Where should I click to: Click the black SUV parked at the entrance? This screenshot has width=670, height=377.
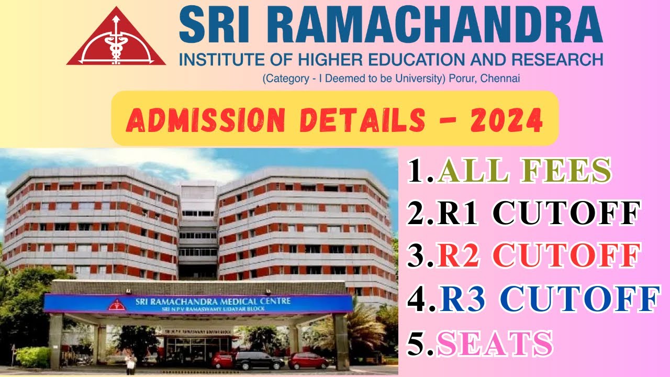(x=259, y=360)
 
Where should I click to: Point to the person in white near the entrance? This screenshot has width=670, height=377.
(x=130, y=362)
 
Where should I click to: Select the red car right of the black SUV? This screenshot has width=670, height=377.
(x=309, y=360)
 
